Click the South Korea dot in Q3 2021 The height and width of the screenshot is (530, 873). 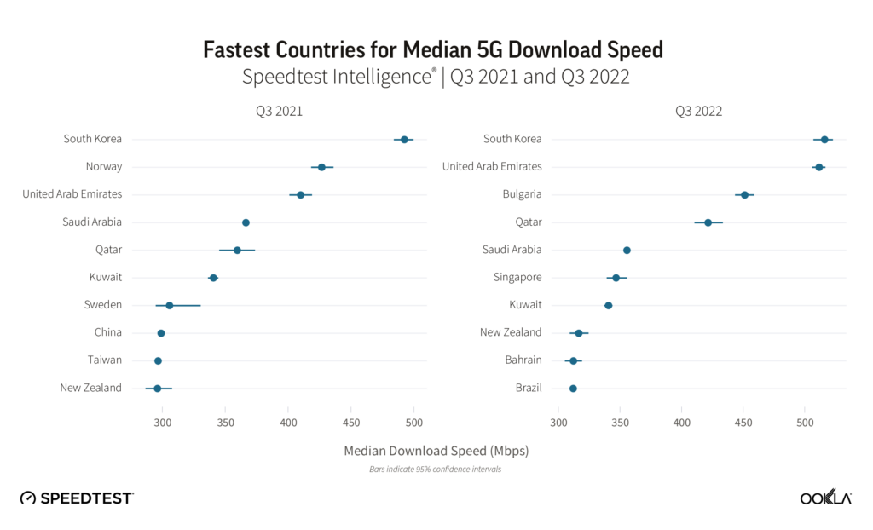[404, 139]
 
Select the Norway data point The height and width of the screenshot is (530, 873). [321, 167]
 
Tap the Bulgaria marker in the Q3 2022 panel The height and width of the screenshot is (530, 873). [744, 195]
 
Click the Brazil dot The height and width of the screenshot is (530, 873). [573, 389]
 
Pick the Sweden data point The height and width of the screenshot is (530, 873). [170, 305]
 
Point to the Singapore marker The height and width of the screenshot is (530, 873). [616, 278]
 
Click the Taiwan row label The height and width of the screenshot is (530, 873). [104, 360]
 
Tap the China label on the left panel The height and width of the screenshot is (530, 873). [107, 332]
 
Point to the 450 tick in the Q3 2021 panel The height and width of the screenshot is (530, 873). [351, 421]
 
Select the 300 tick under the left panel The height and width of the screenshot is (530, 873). [162, 421]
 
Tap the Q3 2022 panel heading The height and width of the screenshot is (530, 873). [697, 111]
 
